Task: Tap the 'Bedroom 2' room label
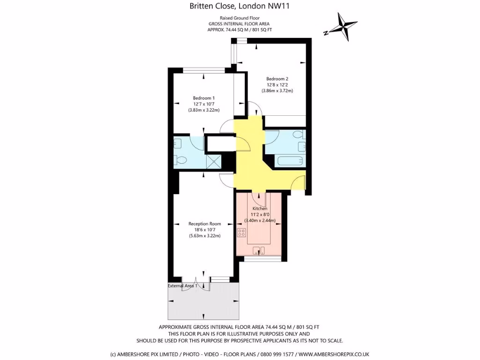coord(277,79)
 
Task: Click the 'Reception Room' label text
coord(204,224)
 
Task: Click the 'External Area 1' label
coord(183,285)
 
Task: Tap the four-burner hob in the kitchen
coord(241,232)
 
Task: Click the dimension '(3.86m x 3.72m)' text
coord(277,91)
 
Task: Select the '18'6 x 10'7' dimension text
coord(204,230)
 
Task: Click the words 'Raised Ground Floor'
coord(240,17)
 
